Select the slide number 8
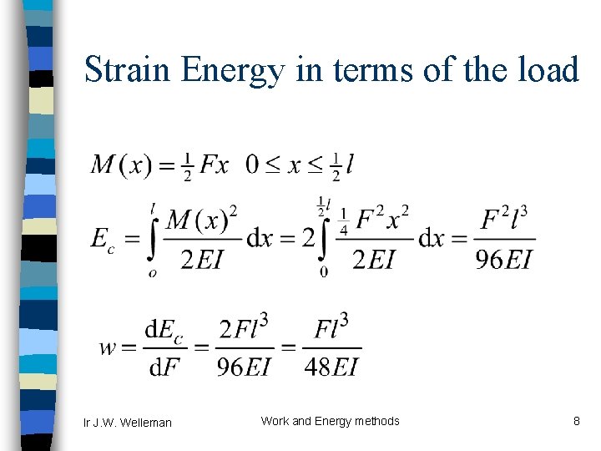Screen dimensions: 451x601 click(x=576, y=421)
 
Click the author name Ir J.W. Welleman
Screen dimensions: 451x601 click(x=128, y=423)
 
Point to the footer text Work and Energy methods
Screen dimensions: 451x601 click(x=330, y=421)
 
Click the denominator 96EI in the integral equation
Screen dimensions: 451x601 click(x=503, y=261)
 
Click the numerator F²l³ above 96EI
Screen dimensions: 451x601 click(x=505, y=220)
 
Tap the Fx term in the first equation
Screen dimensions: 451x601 click(x=214, y=165)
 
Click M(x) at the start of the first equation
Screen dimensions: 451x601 click(x=120, y=165)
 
